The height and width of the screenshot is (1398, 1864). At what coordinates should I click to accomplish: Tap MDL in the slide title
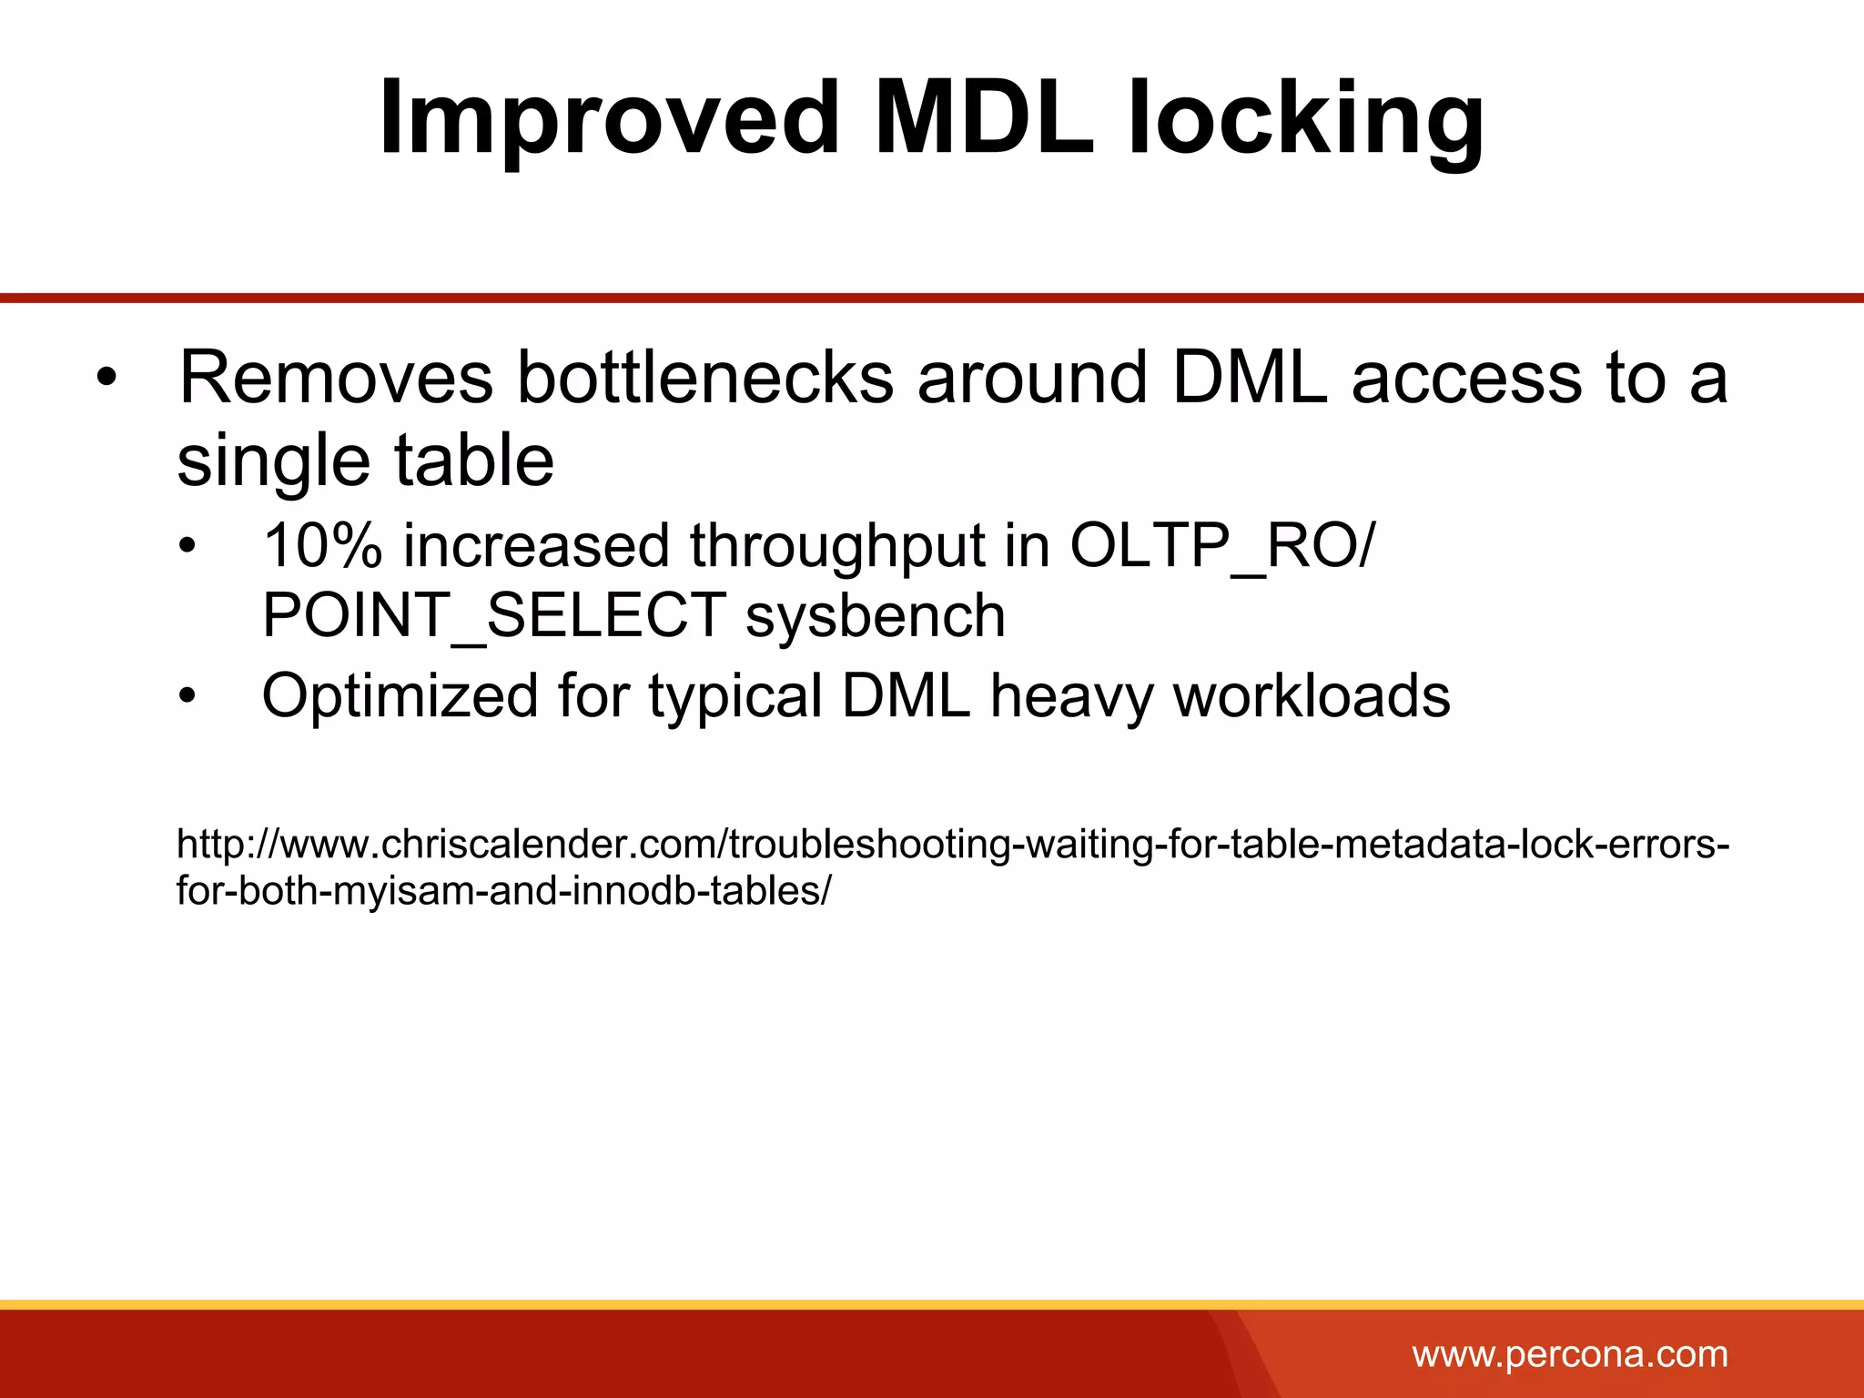tap(983, 118)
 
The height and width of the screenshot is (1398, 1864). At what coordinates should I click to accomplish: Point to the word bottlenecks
tap(705, 378)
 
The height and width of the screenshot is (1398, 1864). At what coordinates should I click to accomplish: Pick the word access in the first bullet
tap(1466, 378)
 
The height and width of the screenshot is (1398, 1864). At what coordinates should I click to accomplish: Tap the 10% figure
tap(322, 546)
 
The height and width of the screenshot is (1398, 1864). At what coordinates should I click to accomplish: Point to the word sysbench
tap(876, 616)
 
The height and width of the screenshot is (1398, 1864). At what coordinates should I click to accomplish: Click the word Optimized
tap(400, 697)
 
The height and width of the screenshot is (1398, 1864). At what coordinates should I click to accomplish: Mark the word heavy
tap(1070, 697)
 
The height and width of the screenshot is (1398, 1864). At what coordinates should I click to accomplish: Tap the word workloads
tap(1312, 697)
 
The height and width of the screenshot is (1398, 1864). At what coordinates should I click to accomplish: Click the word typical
tap(735, 697)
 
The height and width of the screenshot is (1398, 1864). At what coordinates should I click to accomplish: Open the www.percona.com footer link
tap(1570, 1355)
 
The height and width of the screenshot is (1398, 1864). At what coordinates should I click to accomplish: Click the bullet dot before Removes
tap(107, 379)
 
